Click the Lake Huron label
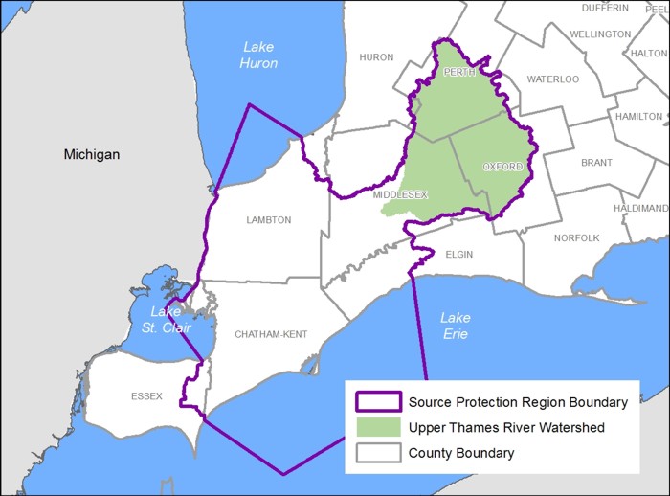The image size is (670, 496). [258, 55]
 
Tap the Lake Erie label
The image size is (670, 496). [456, 326]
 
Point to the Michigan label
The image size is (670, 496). [92, 154]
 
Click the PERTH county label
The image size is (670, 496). [458, 73]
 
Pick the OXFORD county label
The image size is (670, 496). [502, 167]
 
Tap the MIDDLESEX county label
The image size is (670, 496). [400, 195]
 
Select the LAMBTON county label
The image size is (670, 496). [268, 220]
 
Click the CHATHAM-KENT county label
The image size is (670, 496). [271, 334]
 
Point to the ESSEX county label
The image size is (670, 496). [148, 396]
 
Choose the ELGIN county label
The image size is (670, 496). [460, 254]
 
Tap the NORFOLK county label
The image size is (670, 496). [576, 237]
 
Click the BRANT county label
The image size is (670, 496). [596, 163]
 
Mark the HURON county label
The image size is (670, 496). [376, 57]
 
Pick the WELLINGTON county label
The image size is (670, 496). [600, 34]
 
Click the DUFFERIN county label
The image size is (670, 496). [606, 8]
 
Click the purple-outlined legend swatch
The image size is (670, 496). [376, 402]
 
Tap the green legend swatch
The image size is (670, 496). [376, 427]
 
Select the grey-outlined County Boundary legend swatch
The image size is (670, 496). [376, 453]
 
